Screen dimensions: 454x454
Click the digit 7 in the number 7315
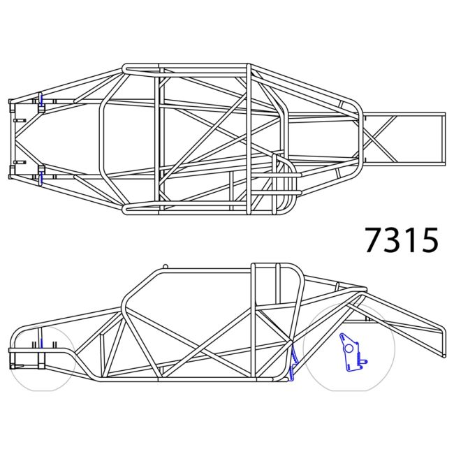click(374, 240)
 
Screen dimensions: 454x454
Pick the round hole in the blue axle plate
click(348, 349)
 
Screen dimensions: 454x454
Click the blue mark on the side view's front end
click(41, 344)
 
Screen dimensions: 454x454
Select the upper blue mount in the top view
click(41, 100)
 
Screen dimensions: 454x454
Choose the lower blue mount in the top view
click(41, 175)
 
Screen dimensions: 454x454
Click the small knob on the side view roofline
click(165, 266)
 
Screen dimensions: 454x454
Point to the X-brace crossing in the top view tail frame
click(379, 138)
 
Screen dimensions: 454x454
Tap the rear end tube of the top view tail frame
click(444, 138)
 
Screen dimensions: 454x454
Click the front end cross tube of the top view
click(10, 138)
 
